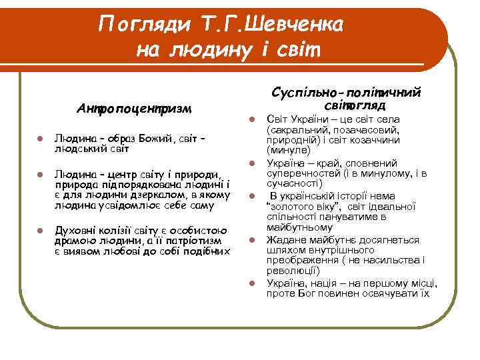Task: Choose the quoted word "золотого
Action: coord(290,206)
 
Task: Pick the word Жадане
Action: coord(283,239)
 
